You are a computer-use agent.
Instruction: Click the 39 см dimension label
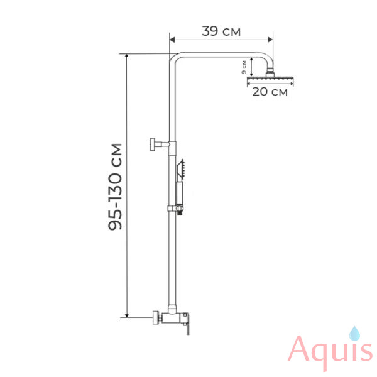click(221, 31)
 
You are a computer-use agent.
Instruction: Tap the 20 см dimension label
click(270, 92)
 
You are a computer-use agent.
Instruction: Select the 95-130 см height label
click(115, 187)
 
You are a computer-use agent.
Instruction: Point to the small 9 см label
click(244, 67)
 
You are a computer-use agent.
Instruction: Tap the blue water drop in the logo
click(354, 334)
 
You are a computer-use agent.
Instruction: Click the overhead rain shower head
click(270, 79)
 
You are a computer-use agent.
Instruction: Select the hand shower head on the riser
click(181, 169)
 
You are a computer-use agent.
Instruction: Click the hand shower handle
click(179, 194)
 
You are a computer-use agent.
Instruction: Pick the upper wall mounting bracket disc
click(152, 145)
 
